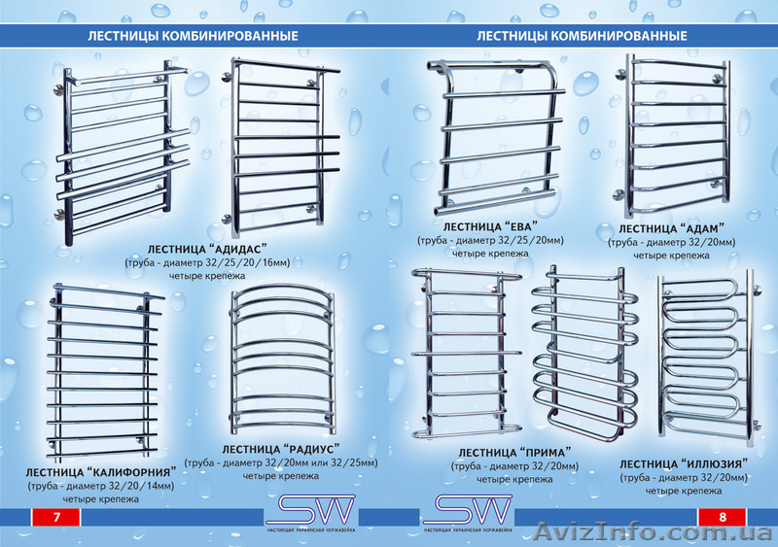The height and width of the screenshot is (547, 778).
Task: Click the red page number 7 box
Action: [56, 517]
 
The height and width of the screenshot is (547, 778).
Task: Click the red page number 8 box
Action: [722, 517]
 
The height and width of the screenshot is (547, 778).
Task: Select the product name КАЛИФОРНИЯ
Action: [128, 471]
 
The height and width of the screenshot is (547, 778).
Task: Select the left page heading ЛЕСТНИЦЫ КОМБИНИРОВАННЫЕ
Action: [193, 36]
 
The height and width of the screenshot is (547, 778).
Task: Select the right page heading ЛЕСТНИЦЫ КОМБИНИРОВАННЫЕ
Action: [582, 36]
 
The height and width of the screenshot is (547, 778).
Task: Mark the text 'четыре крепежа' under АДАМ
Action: [672, 255]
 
